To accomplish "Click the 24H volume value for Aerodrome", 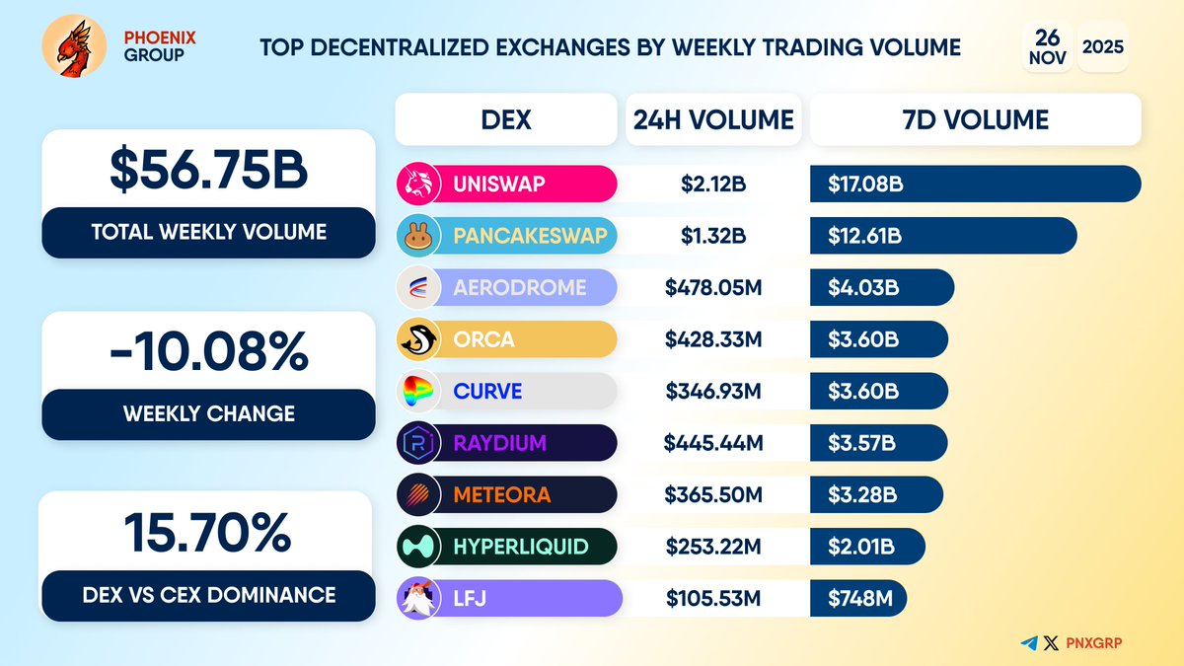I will pos(713,287).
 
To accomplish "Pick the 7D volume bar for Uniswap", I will pos(975,184).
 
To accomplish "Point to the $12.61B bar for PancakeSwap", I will pos(942,236).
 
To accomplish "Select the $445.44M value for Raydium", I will pos(713,443).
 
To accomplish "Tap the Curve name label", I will pos(487,392).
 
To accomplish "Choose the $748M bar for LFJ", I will pos(857,599).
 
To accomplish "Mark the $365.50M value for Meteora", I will pos(713,495).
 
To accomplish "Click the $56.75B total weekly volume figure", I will pos(208,170).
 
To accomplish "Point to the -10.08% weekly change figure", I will pos(208,351).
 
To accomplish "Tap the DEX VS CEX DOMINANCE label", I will pos(208,595).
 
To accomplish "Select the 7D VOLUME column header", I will pos(975,120).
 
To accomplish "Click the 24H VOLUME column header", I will pos(713,120).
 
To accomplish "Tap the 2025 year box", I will pos(1103,45).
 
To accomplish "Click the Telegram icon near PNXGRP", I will pos(1030,642).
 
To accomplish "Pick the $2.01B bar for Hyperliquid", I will pos(867,547).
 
